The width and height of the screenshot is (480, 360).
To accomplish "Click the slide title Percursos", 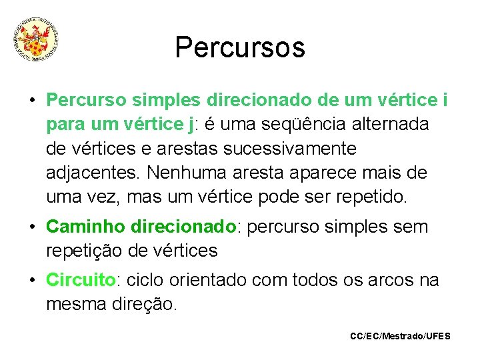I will click(240, 47).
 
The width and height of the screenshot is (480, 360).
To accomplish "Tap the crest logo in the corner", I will click(37, 40).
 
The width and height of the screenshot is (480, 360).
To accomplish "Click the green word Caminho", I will click(86, 227).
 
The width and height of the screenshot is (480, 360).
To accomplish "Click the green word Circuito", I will click(81, 280).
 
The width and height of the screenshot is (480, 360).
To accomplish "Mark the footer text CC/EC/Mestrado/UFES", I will click(400, 336).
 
